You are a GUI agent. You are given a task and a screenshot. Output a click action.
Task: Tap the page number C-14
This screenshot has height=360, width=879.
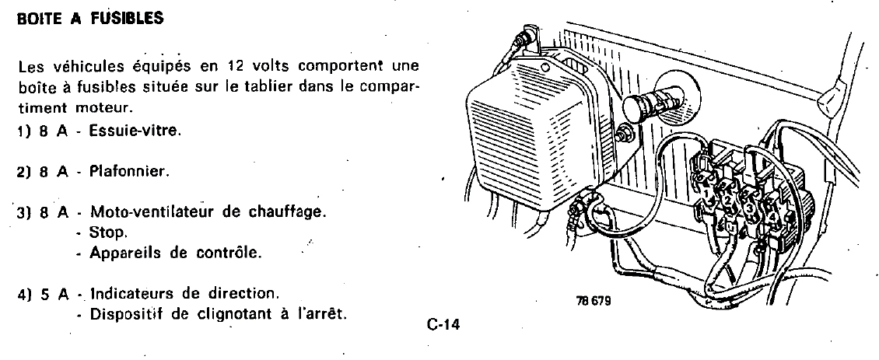click(444, 326)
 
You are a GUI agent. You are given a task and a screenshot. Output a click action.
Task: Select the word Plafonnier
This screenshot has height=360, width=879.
click(128, 171)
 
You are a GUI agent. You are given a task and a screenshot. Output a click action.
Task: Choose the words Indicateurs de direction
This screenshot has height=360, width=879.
click(184, 294)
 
